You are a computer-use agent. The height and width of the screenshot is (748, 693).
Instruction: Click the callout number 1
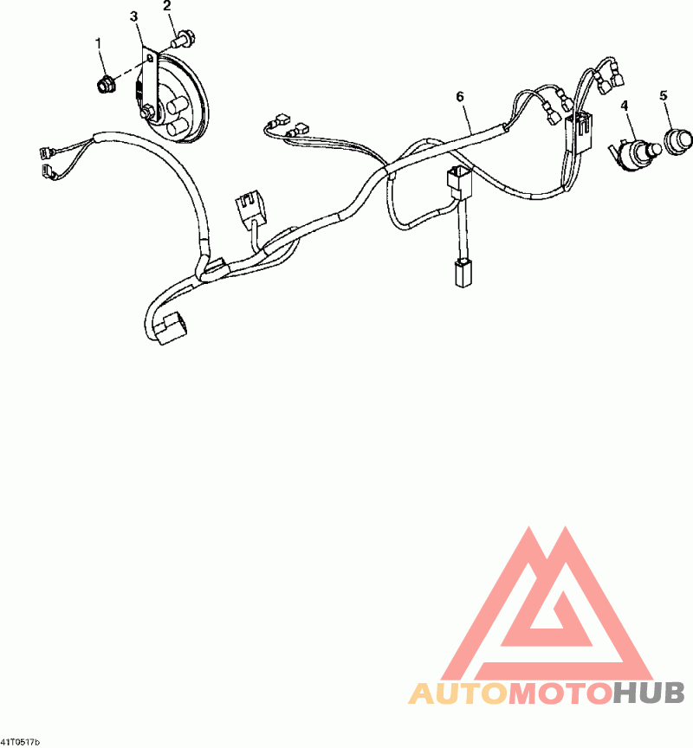click(98, 42)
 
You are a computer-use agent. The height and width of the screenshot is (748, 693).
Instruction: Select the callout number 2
click(167, 6)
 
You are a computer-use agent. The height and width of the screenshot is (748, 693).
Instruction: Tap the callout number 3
click(133, 16)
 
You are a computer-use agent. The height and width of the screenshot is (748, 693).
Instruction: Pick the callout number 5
click(664, 95)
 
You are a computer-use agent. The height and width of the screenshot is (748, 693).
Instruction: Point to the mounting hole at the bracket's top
click(151, 59)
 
